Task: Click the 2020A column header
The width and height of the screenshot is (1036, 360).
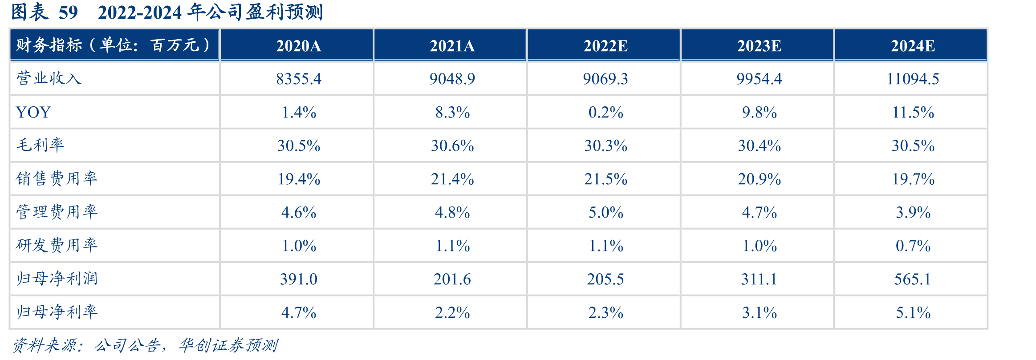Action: tap(298, 46)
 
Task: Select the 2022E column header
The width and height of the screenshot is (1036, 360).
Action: tap(605, 46)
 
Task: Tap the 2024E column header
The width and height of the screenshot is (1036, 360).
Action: tap(913, 46)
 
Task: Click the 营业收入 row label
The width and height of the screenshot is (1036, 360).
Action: tap(49, 78)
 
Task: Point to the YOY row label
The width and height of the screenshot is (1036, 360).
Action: tap(33, 112)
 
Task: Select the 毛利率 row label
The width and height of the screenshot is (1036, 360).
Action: tap(41, 145)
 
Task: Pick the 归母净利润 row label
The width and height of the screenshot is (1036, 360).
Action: tap(57, 279)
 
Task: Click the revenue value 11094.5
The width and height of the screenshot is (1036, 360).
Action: tap(913, 79)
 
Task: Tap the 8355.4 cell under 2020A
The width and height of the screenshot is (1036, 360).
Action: tap(298, 79)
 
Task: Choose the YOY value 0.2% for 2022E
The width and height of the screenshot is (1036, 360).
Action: tap(605, 112)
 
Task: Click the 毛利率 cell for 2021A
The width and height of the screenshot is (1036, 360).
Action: tap(452, 146)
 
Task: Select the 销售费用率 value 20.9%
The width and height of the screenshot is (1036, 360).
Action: tap(759, 179)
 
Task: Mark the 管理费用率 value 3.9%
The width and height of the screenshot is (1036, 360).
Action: tap(913, 212)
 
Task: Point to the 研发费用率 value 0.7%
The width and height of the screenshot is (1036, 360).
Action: tap(913, 246)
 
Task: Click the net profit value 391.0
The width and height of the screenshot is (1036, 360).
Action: tap(298, 279)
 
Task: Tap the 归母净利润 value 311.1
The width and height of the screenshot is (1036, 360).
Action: tap(759, 279)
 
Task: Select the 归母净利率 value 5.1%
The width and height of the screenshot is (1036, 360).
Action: tap(913, 312)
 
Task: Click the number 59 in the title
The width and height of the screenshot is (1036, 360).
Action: tap(68, 12)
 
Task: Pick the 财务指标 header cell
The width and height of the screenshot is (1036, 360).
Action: tap(114, 45)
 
